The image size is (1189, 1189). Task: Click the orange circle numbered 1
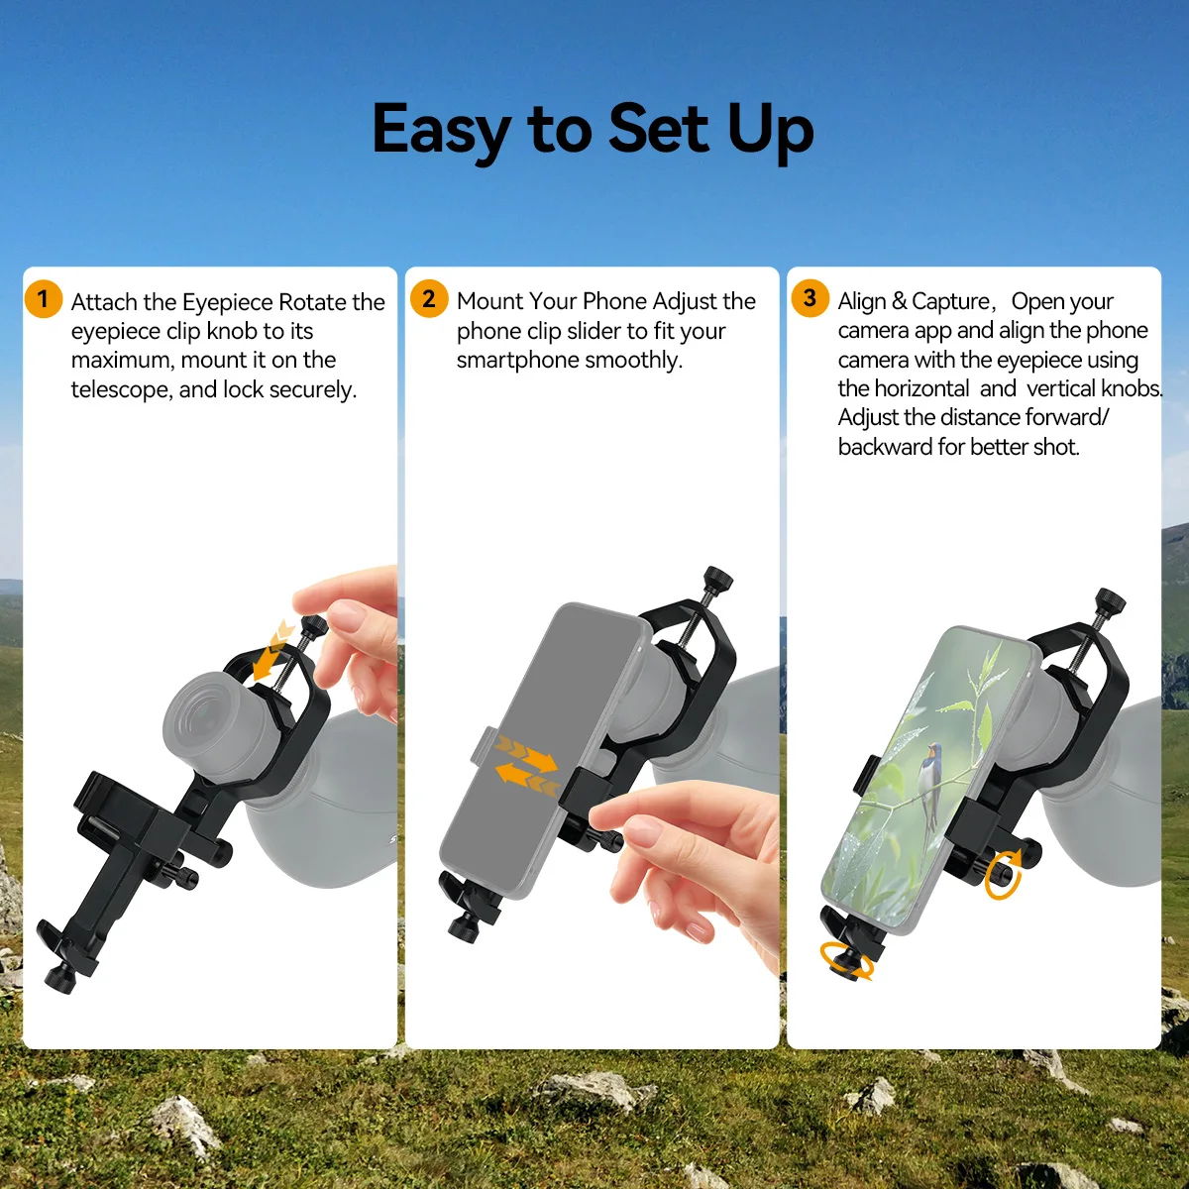pos(44,299)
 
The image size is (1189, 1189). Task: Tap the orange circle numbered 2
pos(429,298)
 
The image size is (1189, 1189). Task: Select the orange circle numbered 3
pos(810,298)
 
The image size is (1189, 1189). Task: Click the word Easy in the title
pos(441,131)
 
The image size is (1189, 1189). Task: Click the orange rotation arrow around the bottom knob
pos(847,962)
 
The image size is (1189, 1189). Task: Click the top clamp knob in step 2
pos(718,579)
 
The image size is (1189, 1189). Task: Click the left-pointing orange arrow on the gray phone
pos(527,780)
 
